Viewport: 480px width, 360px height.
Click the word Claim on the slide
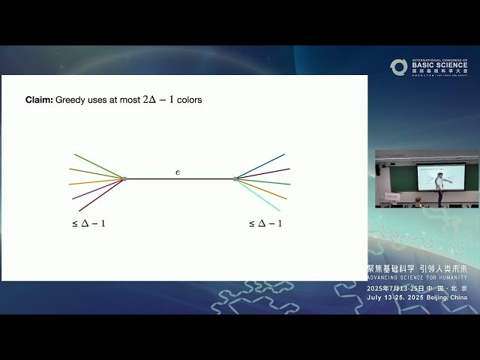[x=38, y=100]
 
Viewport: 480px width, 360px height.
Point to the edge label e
[x=178, y=172]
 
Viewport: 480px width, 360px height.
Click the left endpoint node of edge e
[x=124, y=178]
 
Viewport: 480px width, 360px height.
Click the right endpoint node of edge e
[x=235, y=178]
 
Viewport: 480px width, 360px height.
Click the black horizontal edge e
[x=180, y=179]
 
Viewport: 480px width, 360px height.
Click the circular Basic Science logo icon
[x=398, y=67]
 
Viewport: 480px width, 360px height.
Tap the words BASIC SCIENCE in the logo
[x=439, y=66]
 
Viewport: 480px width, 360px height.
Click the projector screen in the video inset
[x=439, y=177]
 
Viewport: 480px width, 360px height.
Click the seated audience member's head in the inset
[x=417, y=199]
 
